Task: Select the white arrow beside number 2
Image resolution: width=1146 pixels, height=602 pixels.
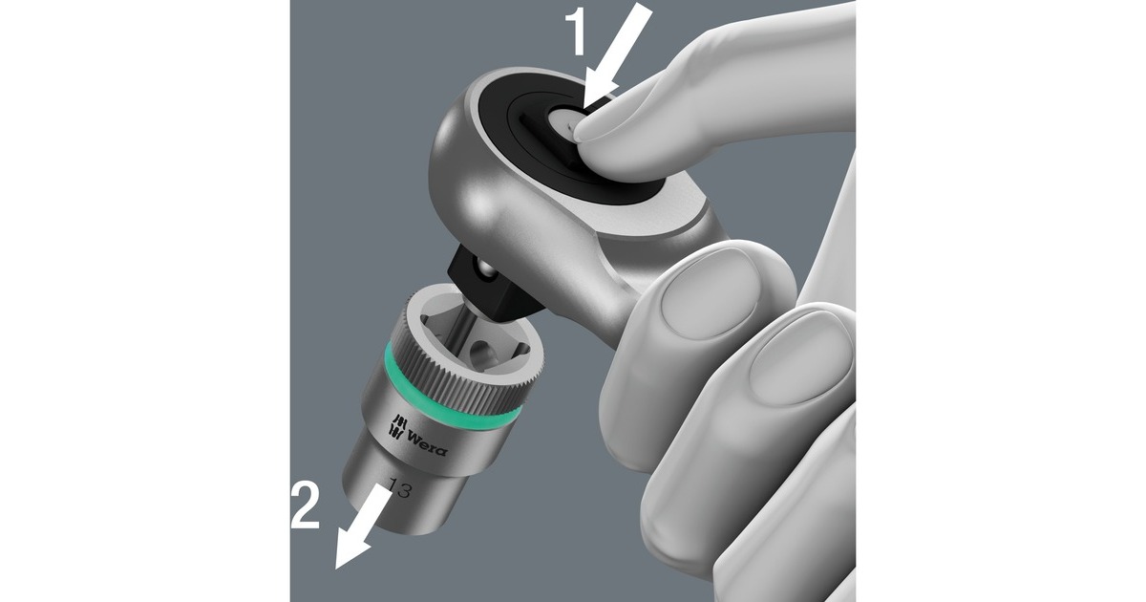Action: coord(362,525)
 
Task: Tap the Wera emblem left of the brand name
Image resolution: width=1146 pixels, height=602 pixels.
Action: coord(394,426)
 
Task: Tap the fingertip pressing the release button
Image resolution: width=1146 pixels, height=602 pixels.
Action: coord(611,134)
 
